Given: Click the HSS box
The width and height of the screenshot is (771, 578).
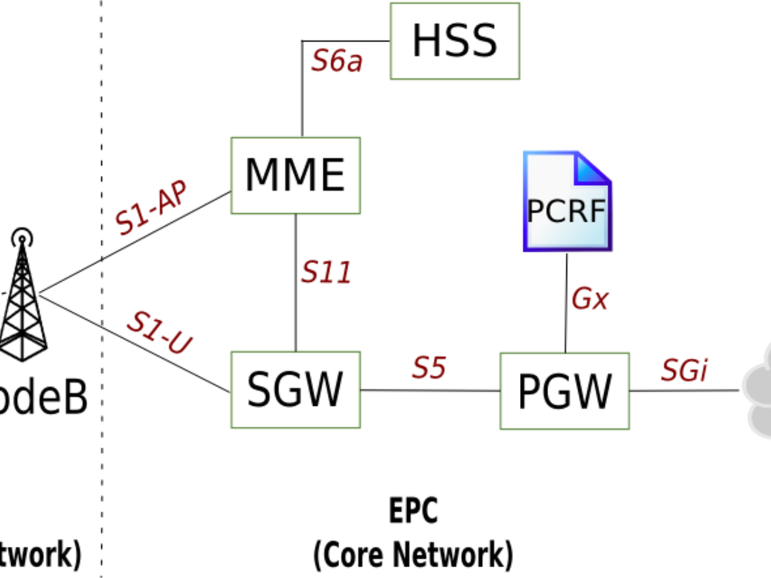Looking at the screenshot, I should click(455, 41).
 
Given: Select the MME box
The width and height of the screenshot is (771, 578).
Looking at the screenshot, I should click(295, 175).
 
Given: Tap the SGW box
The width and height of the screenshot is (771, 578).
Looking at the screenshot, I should click(295, 390).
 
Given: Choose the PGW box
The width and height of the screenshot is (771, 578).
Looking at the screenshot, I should click(564, 391).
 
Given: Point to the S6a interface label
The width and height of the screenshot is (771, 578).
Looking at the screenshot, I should click(337, 61).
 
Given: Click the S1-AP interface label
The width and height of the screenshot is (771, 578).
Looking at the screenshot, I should click(151, 207).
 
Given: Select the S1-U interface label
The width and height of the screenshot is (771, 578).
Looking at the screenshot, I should click(160, 332).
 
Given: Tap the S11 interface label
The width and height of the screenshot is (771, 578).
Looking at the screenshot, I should click(326, 272).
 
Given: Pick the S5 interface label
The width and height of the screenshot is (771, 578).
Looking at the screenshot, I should click(429, 367).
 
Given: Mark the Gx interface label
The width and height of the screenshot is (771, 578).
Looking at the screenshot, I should click(590, 299).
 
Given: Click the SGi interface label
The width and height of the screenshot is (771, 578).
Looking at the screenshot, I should click(684, 370).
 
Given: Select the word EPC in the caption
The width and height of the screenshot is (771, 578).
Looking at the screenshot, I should click(413, 511).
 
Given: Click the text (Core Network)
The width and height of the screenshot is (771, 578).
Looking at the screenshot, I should click(413, 555).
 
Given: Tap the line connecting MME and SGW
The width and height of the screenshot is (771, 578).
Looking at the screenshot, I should click(295, 283).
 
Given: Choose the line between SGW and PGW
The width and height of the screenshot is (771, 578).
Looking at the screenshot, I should click(430, 390).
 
